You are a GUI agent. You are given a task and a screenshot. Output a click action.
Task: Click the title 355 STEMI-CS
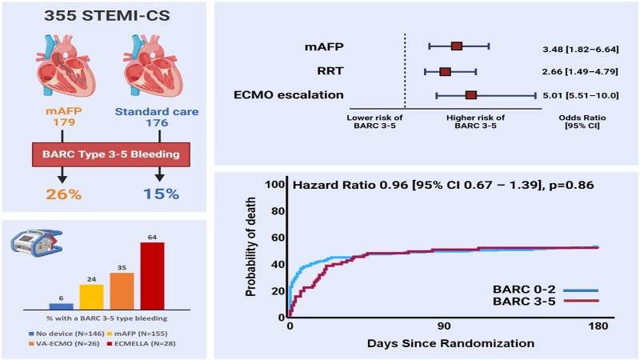(x=106, y=17)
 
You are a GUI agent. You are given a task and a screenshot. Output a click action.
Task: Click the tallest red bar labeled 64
(x=152, y=275)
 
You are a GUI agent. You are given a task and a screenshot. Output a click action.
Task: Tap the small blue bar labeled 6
(x=61, y=306)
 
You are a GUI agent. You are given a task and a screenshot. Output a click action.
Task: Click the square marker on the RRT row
(x=445, y=72)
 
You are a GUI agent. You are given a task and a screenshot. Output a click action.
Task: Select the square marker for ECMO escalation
(x=470, y=95)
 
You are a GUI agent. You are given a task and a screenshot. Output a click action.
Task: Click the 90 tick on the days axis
(x=444, y=327)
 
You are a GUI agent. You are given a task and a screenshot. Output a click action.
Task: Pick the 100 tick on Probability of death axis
(x=274, y=184)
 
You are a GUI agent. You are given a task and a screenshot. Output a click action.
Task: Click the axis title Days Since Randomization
(x=450, y=344)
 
